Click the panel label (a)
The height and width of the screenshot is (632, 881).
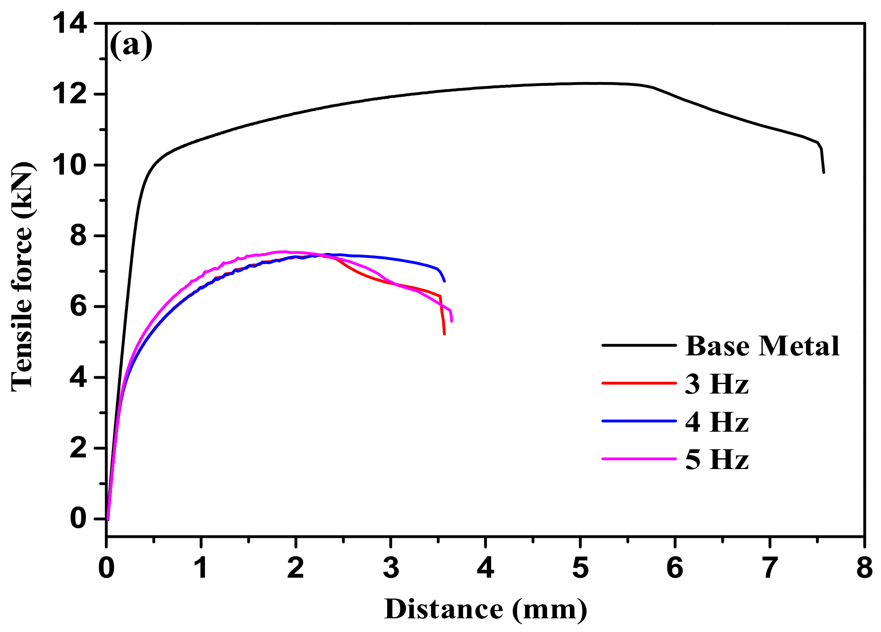tap(131, 46)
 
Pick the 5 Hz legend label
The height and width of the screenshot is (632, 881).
tap(717, 459)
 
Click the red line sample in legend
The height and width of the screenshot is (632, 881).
tap(639, 383)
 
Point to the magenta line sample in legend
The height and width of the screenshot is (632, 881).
tap(639, 459)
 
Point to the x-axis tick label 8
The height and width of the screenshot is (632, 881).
tap(864, 568)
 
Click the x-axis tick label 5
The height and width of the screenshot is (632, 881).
tap(580, 568)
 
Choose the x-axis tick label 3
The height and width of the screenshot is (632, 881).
tap(391, 568)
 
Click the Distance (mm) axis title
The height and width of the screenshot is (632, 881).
tap(485, 609)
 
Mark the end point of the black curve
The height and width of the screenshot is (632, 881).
tap(823, 172)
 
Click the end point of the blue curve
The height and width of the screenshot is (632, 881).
tap(444, 281)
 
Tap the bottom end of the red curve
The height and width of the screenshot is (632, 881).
tap(444, 334)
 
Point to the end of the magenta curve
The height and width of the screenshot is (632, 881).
tap(451, 321)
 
